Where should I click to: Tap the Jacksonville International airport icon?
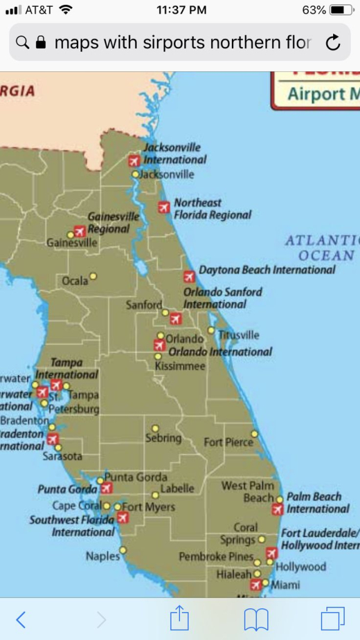click(134, 161)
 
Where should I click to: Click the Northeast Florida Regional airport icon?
click(164, 207)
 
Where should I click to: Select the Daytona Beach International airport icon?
click(189, 276)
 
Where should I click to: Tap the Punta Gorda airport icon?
click(107, 487)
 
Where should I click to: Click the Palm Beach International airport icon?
click(277, 509)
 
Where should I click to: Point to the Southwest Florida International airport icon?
click(123, 517)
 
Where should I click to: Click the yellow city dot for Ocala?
click(93, 276)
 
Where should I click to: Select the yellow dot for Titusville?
click(211, 330)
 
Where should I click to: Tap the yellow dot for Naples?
click(122, 551)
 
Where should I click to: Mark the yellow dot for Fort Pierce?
click(254, 434)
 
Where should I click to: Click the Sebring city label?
click(163, 438)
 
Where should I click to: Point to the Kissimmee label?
click(180, 366)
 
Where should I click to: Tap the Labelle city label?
click(177, 488)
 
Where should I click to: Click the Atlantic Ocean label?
click(322, 247)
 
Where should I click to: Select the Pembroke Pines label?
click(216, 556)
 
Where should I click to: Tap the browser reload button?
click(334, 42)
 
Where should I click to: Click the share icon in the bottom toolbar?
click(180, 619)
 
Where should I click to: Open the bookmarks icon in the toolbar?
click(256, 619)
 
